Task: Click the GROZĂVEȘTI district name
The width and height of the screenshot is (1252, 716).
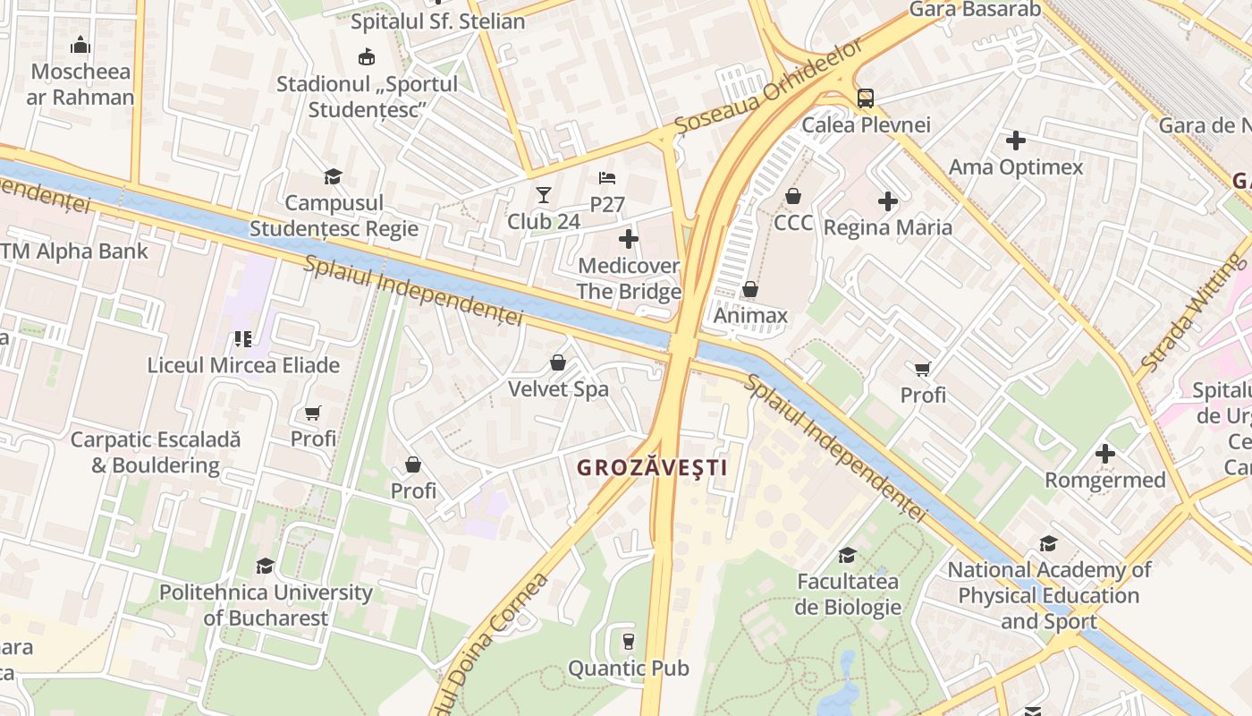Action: [x=651, y=467]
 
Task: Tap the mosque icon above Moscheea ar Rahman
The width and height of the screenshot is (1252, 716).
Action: [x=80, y=45]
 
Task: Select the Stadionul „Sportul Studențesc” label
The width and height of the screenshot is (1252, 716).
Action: [x=367, y=97]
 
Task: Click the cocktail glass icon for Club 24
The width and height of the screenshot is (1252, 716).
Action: [x=543, y=194]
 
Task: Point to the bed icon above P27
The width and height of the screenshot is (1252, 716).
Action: [x=607, y=177]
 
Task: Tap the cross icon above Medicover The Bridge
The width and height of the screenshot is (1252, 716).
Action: [x=629, y=238]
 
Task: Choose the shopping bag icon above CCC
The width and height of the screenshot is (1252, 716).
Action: [x=793, y=195]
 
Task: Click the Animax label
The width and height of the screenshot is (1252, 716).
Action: [x=750, y=315]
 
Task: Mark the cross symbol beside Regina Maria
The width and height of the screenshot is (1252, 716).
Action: [x=887, y=201]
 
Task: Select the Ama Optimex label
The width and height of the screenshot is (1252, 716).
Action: [x=1016, y=166]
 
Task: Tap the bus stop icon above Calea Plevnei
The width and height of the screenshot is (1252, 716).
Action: [x=865, y=98]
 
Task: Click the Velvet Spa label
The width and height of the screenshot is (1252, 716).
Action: [x=558, y=389]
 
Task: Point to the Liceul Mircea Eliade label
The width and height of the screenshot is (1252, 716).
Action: [x=243, y=365]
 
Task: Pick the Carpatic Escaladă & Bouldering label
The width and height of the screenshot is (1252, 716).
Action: [x=156, y=452]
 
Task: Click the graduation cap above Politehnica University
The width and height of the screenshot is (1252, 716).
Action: [x=265, y=566]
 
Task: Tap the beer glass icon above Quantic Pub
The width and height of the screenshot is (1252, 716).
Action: [x=628, y=641]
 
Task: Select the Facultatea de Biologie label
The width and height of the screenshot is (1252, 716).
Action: [x=848, y=594]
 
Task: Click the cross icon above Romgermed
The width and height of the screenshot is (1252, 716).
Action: [x=1105, y=454]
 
